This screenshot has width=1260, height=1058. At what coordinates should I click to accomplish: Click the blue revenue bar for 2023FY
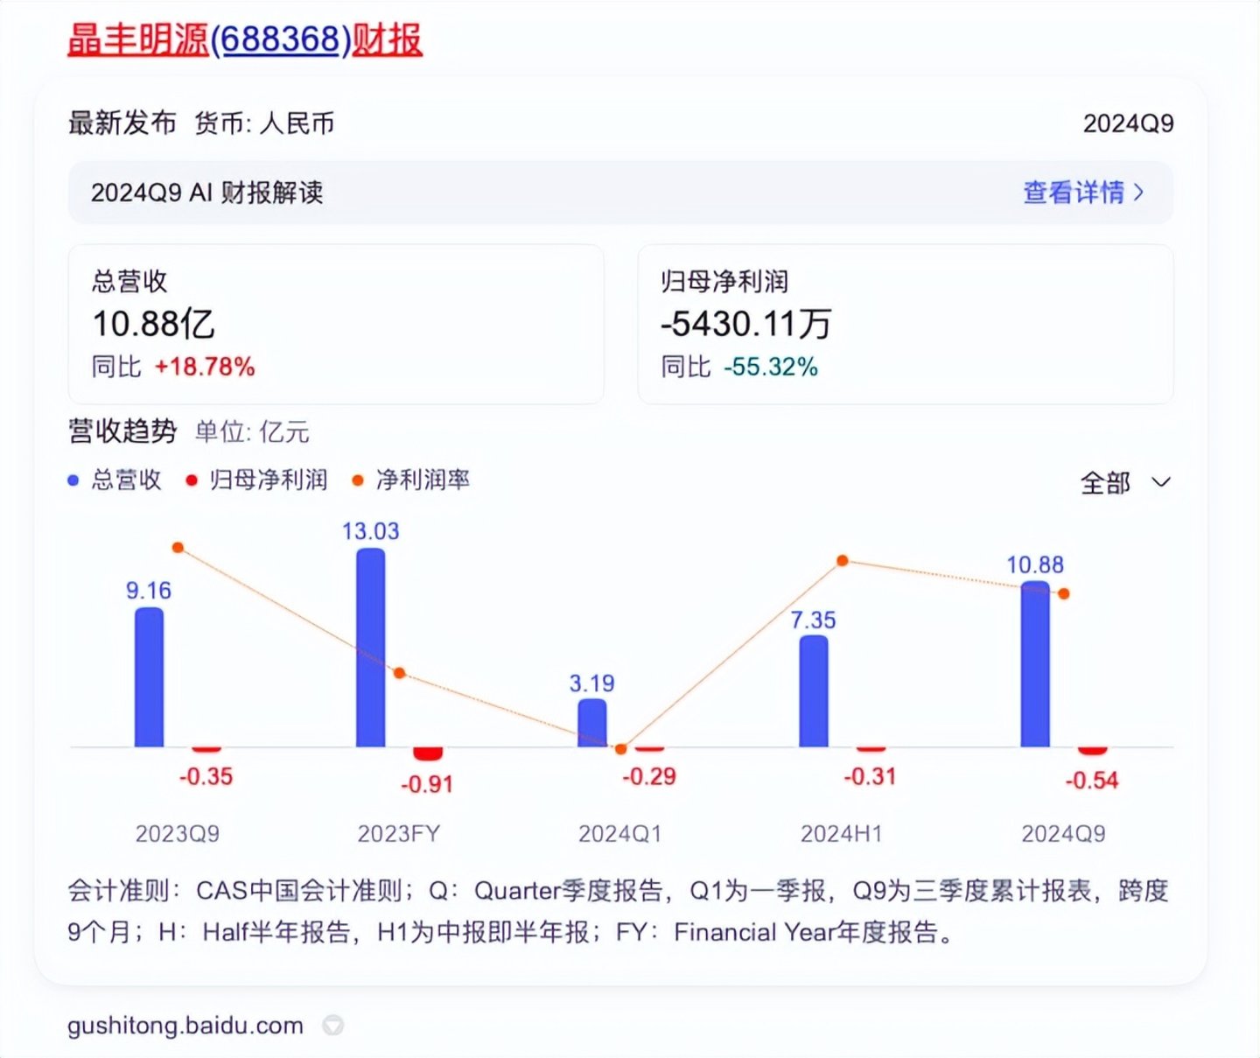[370, 648]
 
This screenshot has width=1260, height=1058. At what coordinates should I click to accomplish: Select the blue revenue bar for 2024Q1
[592, 723]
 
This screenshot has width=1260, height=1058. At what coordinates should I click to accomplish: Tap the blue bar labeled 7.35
[814, 691]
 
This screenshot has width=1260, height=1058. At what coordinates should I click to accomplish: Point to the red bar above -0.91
[428, 753]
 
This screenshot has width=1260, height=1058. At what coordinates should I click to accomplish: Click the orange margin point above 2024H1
[843, 560]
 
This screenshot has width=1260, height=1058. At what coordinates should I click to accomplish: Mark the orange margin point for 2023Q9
[178, 548]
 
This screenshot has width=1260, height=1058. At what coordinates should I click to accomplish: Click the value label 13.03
[370, 531]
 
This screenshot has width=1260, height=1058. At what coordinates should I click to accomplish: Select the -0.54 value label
[1091, 781]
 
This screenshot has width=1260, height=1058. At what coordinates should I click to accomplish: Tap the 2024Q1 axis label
[619, 834]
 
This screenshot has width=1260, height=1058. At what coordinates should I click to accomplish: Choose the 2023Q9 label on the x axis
[177, 834]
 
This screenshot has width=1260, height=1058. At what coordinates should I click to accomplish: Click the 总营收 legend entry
[126, 480]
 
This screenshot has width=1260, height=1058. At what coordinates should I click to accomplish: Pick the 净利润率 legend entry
[422, 480]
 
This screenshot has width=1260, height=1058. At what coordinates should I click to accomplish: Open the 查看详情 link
[1082, 193]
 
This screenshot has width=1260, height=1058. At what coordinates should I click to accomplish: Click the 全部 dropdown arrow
[1161, 482]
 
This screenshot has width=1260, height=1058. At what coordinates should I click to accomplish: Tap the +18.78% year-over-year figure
[205, 367]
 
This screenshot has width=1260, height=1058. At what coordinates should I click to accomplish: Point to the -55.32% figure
[770, 367]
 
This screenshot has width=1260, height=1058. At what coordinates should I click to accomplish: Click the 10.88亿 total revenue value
[153, 324]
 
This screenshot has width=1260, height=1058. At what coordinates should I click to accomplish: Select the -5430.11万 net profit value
[745, 324]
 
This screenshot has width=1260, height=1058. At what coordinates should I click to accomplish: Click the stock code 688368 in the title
[281, 39]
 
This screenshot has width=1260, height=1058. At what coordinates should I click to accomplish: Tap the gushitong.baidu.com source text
[185, 1026]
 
